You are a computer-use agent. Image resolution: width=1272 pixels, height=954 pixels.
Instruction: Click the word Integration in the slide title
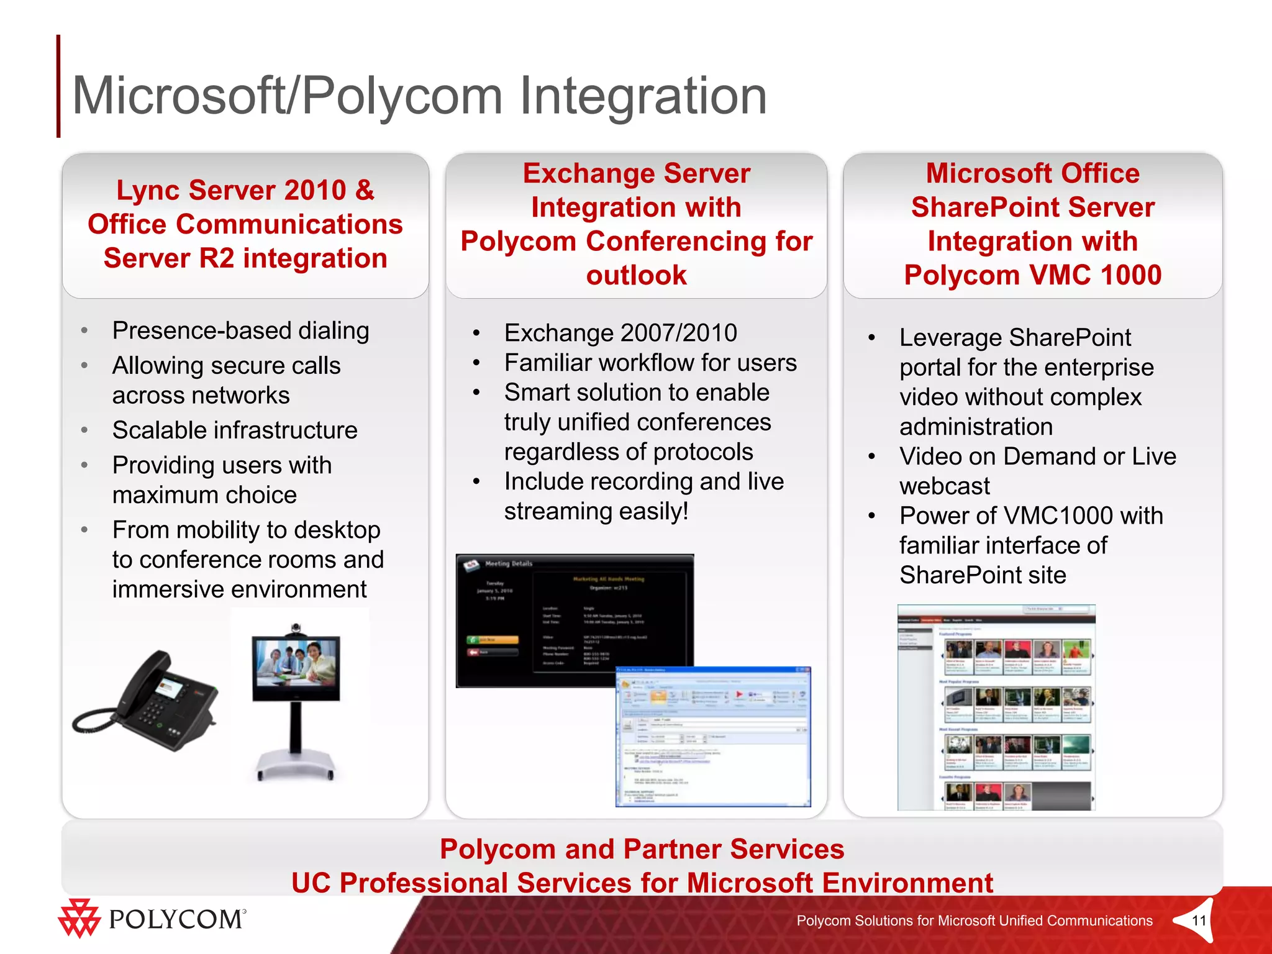[643, 96]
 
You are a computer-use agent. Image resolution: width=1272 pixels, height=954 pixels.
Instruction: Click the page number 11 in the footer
[1199, 920]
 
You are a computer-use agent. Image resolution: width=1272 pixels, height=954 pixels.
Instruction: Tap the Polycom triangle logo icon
[79, 918]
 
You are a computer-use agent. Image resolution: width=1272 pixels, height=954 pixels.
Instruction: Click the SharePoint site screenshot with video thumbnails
[996, 707]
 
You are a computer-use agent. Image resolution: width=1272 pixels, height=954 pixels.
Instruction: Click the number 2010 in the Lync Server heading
[315, 190]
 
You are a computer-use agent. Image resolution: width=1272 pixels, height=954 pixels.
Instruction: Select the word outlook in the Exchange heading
[636, 275]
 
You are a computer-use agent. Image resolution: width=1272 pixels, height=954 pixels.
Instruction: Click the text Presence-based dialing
[241, 330]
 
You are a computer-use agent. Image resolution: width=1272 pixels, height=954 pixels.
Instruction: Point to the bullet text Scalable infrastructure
[235, 430]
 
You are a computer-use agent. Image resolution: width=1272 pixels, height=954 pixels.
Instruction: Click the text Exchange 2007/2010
[620, 333]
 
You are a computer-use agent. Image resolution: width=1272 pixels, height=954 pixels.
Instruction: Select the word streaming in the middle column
[558, 511]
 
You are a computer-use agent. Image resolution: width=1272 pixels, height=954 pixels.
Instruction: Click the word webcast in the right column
[944, 486]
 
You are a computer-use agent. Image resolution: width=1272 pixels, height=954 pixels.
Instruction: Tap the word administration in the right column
[976, 427]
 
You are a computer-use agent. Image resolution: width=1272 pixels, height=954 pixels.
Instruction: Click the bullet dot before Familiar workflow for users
[476, 363]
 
